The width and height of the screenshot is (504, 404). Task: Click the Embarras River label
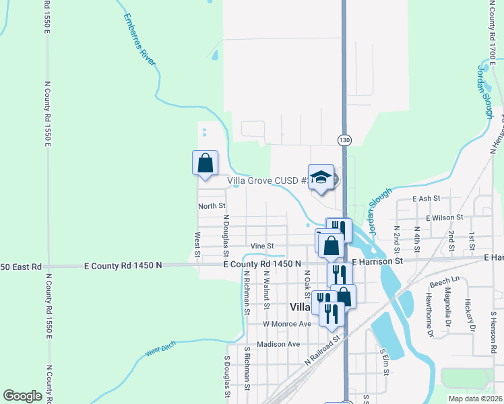click(140, 40)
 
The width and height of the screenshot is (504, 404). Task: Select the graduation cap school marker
click(321, 177)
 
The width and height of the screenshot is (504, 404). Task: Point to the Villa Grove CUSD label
click(268, 180)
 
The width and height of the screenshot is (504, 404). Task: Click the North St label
click(212, 205)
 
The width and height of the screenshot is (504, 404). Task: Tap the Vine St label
click(262, 246)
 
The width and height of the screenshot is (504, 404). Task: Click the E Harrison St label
click(377, 261)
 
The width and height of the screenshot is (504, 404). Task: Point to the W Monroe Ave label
click(287, 324)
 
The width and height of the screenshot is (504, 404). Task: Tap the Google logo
click(22, 396)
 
